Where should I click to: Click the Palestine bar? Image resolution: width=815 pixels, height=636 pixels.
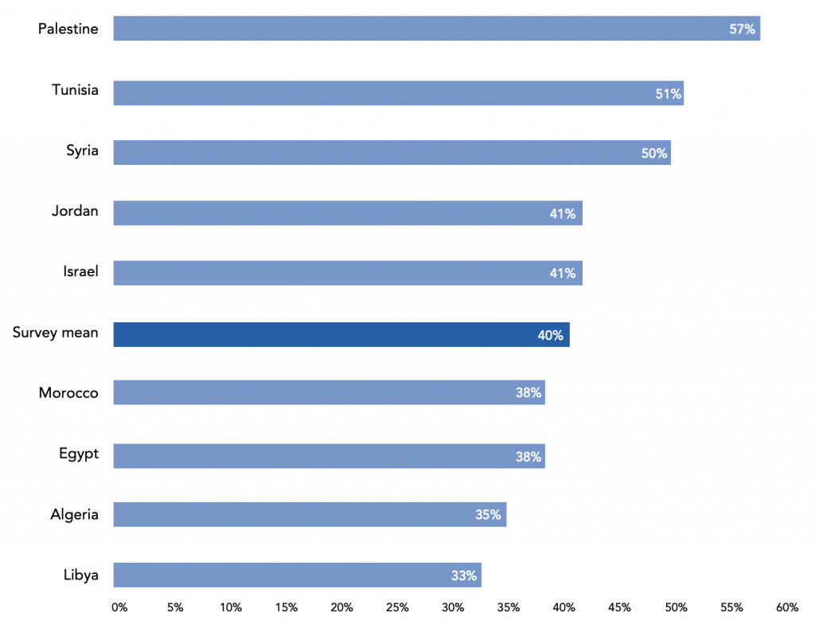437,28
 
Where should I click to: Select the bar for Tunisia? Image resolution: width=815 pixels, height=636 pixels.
399,93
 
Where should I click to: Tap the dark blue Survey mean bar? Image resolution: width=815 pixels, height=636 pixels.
341,334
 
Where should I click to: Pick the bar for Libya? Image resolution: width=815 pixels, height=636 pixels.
298,575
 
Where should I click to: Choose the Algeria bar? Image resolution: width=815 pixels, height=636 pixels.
310,514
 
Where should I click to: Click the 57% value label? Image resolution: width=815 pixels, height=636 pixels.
742,29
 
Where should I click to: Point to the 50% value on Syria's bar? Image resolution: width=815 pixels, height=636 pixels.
654,154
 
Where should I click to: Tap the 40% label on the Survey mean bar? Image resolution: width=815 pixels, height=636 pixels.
551,335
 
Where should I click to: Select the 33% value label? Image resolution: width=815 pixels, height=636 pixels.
464,576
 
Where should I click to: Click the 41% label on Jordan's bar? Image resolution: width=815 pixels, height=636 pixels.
563,214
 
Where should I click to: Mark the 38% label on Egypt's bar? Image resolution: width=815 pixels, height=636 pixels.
528,457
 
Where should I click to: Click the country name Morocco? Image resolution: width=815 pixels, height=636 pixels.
68,392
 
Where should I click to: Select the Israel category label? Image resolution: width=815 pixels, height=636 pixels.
80,271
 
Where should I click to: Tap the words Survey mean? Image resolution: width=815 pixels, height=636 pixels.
56,333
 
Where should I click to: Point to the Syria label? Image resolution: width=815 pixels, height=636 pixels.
82,150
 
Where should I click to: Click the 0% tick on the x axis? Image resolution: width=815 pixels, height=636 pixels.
119,607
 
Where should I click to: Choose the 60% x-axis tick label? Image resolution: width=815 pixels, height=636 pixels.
787,607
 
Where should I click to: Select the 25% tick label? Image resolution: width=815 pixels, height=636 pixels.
397,607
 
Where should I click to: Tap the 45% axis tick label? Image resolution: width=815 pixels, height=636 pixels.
619,607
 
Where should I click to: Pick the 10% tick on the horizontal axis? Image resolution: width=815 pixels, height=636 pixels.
231,607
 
